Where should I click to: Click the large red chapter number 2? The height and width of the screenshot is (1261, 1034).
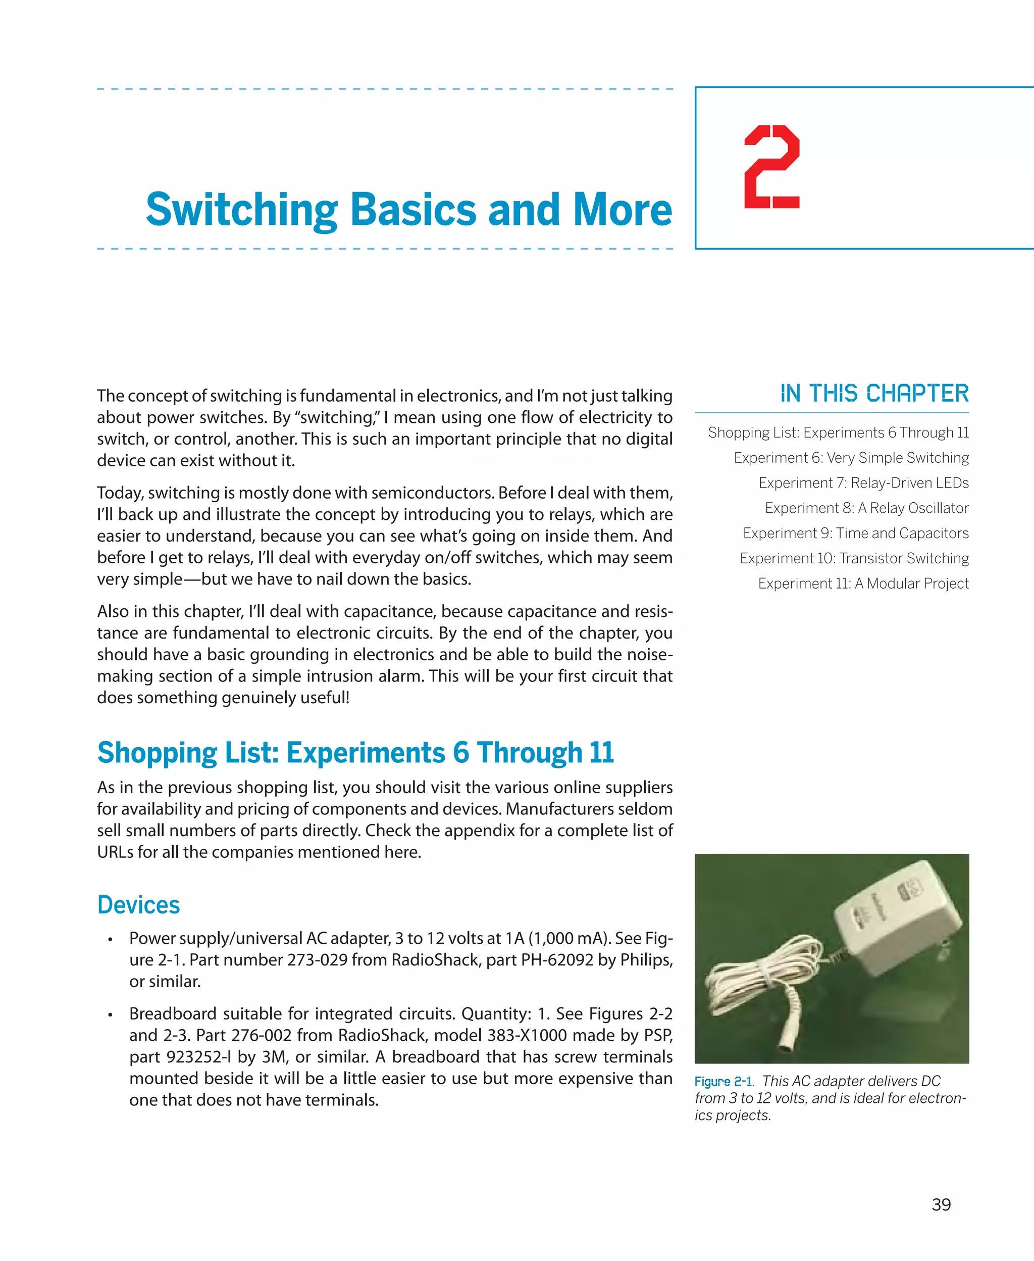coord(772,167)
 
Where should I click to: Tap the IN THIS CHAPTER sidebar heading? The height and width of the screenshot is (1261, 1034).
coord(874,394)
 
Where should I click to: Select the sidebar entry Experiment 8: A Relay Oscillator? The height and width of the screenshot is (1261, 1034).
coord(866,508)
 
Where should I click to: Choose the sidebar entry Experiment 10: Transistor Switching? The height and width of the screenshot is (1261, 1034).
coord(854,558)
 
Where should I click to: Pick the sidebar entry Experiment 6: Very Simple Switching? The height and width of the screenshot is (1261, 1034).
coord(851,458)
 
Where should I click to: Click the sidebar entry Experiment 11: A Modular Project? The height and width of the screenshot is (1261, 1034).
coord(863,584)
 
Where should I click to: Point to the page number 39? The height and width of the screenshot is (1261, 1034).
coord(941,1204)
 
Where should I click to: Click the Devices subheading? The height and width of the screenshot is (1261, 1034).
coord(138,905)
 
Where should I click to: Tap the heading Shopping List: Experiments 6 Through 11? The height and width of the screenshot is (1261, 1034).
coord(355,752)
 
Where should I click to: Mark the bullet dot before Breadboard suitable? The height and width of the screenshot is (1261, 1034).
coord(111,1015)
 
